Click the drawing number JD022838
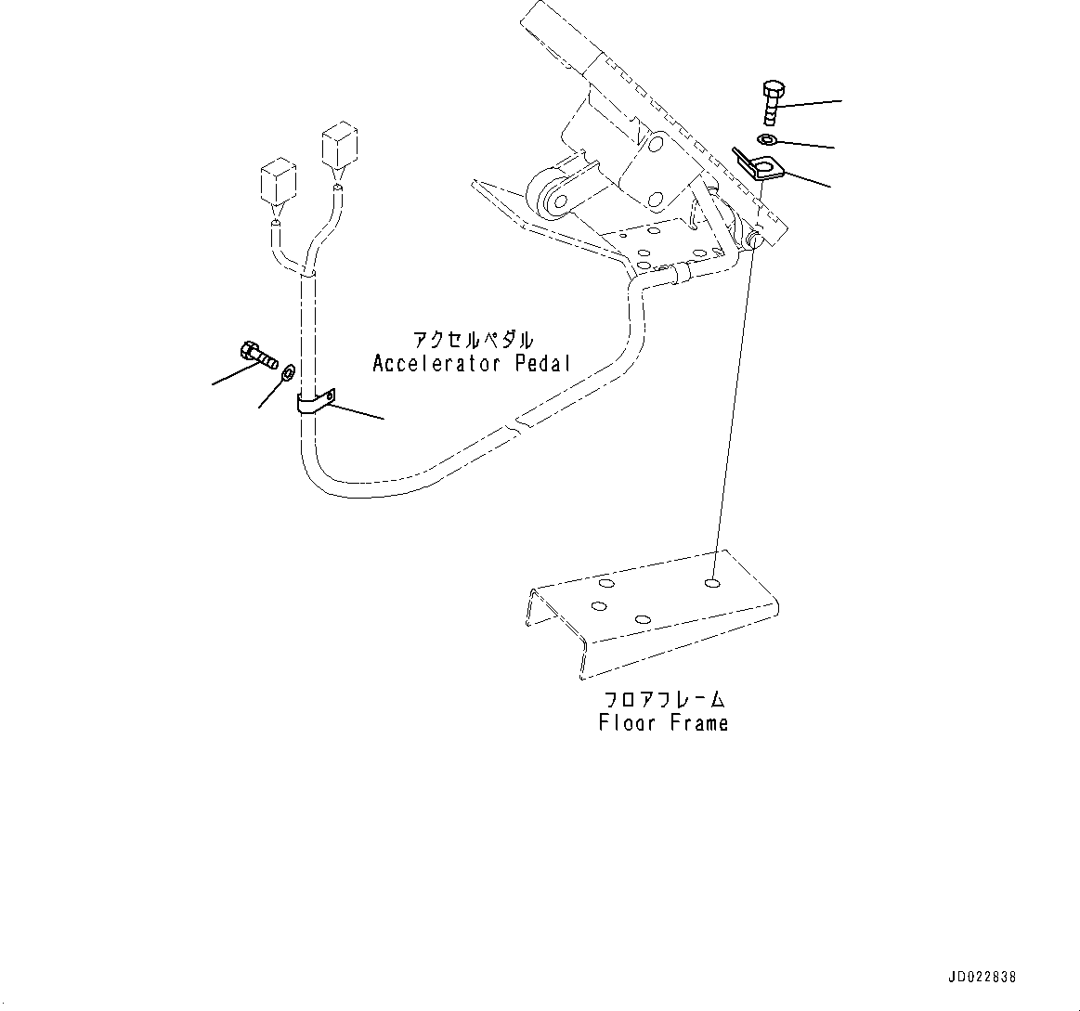[982, 978]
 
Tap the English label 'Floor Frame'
[663, 722]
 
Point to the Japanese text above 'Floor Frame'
[663, 698]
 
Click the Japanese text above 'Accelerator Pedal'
[474, 339]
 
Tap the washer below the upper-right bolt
[767, 139]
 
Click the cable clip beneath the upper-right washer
[761, 164]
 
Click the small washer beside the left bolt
[287, 372]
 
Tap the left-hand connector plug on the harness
[278, 181]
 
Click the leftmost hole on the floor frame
[598, 606]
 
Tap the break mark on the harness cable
[516, 427]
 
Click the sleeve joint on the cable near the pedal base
[681, 271]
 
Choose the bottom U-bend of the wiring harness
[344, 480]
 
